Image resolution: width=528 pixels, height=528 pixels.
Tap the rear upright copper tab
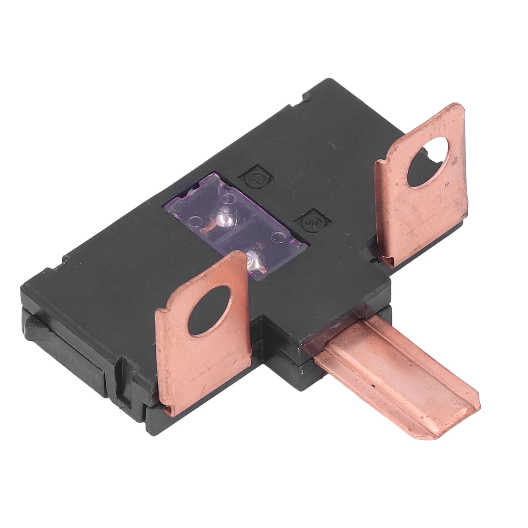[x=422, y=191]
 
